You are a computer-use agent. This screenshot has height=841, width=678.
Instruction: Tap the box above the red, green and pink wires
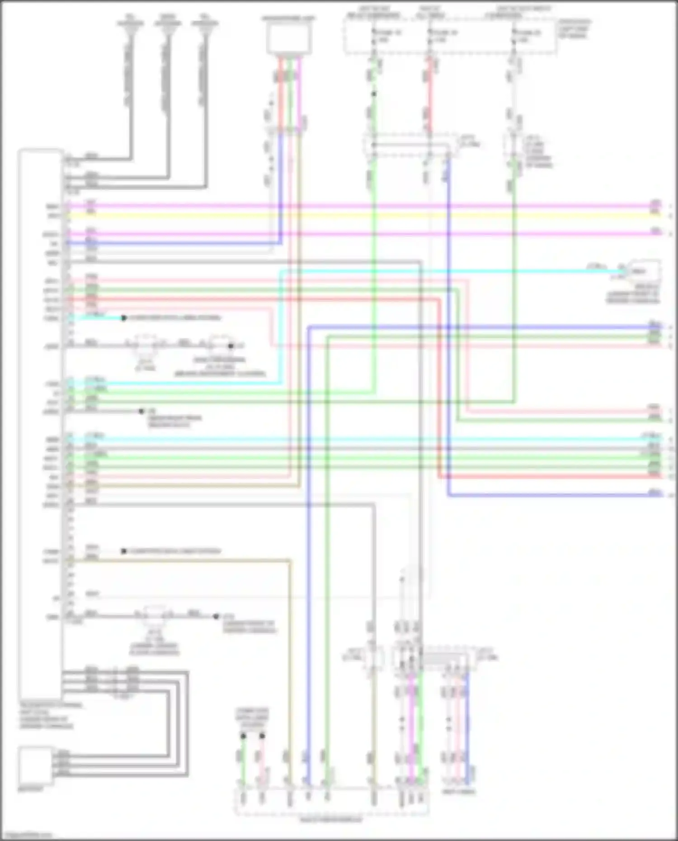(289, 39)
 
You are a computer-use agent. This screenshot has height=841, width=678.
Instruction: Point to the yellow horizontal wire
(362, 216)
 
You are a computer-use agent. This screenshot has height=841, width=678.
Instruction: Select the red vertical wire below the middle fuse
(430, 95)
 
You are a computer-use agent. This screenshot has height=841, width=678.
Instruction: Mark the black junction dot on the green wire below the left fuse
(374, 94)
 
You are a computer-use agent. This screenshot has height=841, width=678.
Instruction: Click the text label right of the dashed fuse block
(574, 28)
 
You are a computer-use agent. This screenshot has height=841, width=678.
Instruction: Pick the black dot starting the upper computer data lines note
(123, 318)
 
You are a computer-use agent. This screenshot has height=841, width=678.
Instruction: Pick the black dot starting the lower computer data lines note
(123, 551)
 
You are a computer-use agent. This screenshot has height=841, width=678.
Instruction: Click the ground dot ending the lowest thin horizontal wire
(216, 616)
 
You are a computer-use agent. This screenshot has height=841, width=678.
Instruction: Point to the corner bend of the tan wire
(289, 561)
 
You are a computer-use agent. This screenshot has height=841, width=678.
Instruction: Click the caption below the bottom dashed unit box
(331, 820)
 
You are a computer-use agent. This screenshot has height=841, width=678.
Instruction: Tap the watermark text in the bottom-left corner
(27, 835)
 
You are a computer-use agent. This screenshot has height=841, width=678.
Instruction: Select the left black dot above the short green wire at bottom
(243, 736)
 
